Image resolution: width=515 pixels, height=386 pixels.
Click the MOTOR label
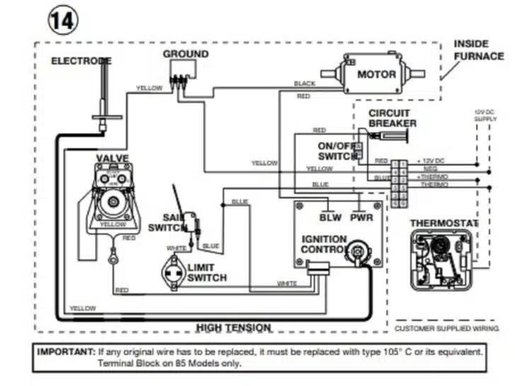[x=376, y=74]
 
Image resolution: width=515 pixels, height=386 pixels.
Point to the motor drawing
[x=368, y=73]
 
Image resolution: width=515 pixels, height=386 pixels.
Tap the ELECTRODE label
[x=81, y=62]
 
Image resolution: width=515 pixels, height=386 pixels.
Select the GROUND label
[x=185, y=54]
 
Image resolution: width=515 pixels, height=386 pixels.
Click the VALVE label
[x=112, y=158]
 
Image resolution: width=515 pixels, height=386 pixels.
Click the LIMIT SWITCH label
[x=207, y=273]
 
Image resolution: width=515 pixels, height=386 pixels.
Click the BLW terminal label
[x=331, y=218]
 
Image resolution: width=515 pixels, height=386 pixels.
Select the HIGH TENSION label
[x=233, y=327]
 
